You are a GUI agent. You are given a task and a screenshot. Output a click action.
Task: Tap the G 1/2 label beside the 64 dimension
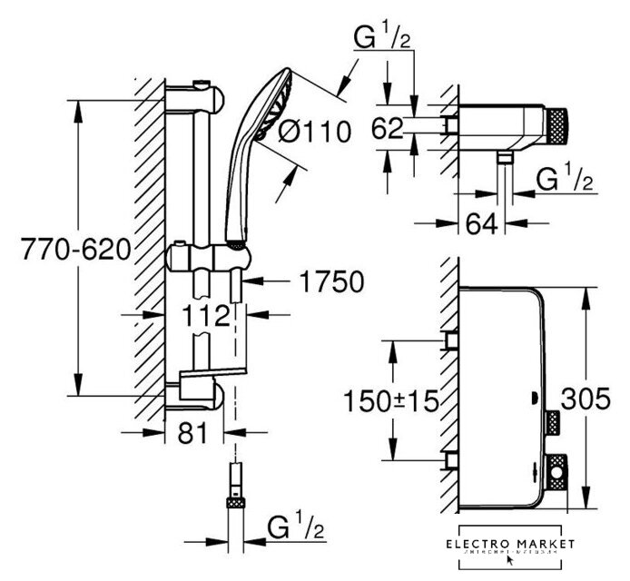point(564,179)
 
